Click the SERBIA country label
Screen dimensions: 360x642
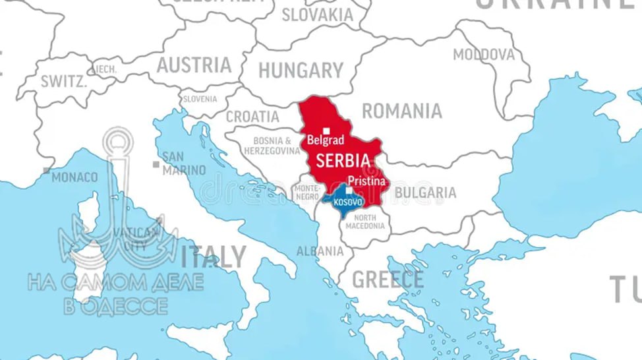click(x=342, y=161)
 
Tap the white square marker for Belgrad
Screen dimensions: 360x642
click(x=326, y=131)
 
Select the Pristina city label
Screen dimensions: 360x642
click(x=360, y=179)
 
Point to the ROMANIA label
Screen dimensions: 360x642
click(x=401, y=111)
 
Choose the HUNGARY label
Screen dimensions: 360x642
click(x=301, y=70)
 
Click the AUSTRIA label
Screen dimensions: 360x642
click(x=194, y=65)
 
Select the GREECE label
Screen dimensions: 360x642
click(x=388, y=280)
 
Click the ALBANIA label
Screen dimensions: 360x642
click(x=320, y=251)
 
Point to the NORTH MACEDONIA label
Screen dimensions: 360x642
click(x=365, y=222)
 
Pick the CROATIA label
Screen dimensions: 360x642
click(x=252, y=117)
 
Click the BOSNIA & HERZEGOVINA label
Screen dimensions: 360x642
click(x=272, y=146)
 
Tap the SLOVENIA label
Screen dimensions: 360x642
click(x=200, y=99)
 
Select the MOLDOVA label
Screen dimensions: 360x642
click(x=483, y=54)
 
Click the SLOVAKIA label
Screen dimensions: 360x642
click(x=318, y=14)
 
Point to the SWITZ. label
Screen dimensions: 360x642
click(x=63, y=82)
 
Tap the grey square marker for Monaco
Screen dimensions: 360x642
click(x=46, y=170)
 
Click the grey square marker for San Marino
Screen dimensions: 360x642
click(x=156, y=164)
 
